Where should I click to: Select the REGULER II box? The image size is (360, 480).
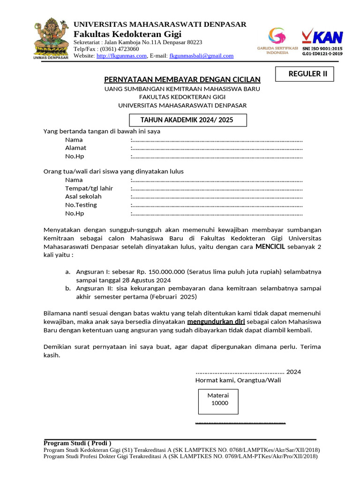point(304,74)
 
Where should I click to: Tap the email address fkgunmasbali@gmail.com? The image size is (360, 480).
point(201,56)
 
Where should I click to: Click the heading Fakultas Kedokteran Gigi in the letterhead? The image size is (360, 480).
point(127,35)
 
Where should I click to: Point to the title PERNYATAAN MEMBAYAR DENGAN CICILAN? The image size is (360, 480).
point(182,80)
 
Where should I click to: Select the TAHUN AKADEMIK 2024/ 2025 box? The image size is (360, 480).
point(187,120)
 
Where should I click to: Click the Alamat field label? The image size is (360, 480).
point(75,148)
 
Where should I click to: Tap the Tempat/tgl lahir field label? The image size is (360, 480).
point(89,188)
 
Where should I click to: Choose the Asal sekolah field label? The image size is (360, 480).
point(83,197)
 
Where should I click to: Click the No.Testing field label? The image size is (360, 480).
point(81,205)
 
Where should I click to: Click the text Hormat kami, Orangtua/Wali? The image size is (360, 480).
point(238,380)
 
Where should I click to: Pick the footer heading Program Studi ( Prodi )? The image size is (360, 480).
point(77,443)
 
